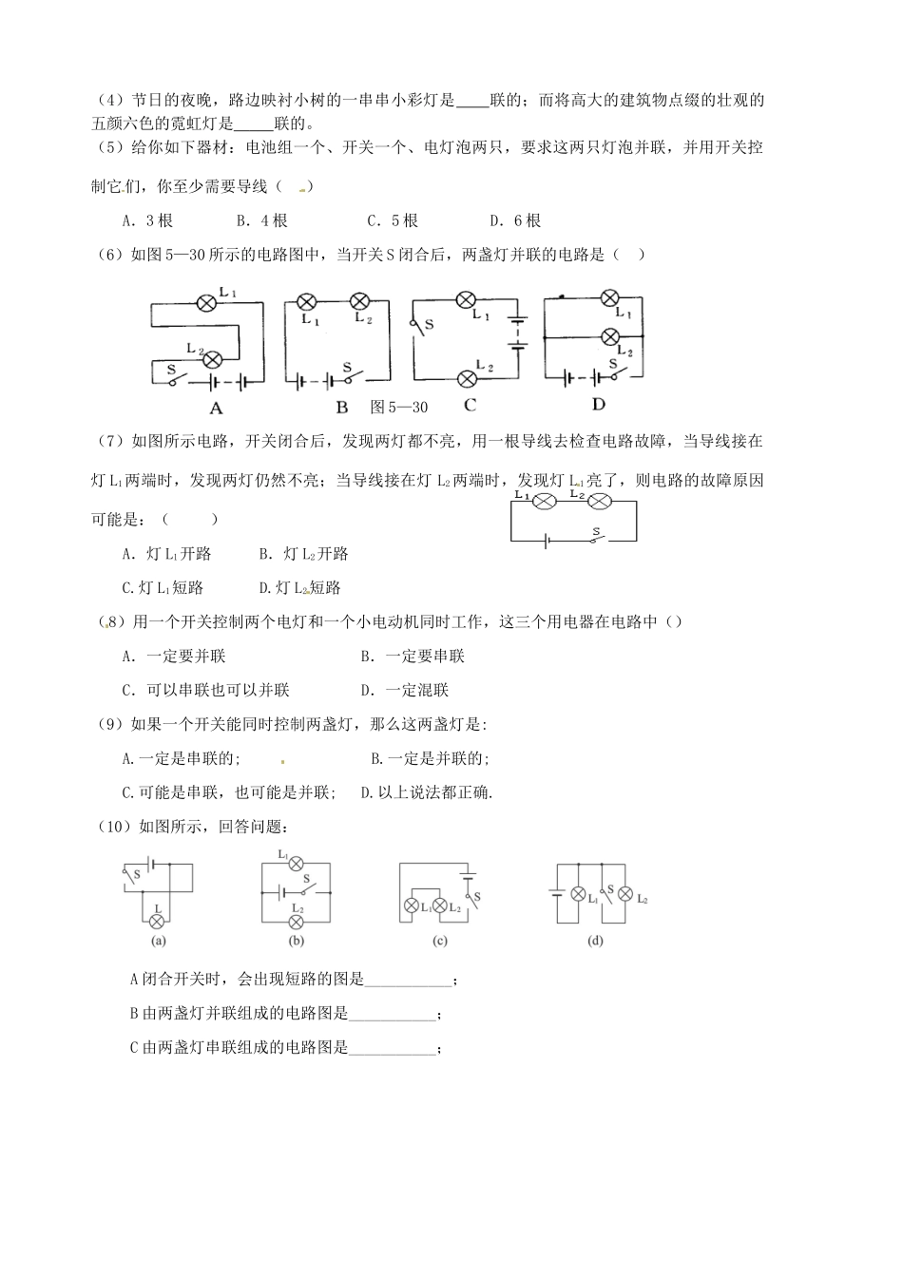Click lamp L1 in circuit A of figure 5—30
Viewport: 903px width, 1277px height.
(x=207, y=303)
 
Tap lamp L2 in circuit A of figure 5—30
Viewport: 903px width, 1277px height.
(x=214, y=358)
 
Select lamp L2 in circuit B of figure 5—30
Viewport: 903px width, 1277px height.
(x=360, y=302)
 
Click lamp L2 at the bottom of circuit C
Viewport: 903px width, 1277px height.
(x=467, y=378)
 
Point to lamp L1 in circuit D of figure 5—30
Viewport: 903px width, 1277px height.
(x=611, y=299)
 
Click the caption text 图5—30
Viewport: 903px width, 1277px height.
(x=399, y=408)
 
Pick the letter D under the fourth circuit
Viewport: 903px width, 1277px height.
(x=598, y=405)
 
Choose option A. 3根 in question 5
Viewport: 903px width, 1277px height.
(x=147, y=220)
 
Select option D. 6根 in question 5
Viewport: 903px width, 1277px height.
(x=515, y=220)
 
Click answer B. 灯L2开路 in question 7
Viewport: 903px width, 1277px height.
(x=303, y=554)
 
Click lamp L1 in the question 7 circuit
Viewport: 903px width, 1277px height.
(x=546, y=503)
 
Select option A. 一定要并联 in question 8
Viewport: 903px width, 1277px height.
(x=174, y=657)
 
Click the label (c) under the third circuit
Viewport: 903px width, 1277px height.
(x=439, y=942)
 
